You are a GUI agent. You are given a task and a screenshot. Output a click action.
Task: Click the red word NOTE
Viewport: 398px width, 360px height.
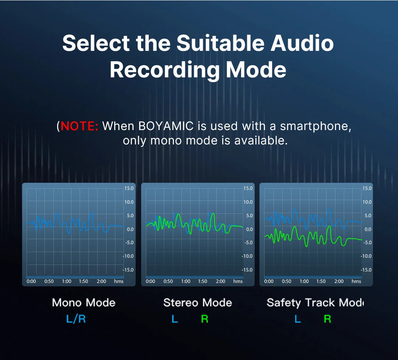pyautogui.click(x=80, y=126)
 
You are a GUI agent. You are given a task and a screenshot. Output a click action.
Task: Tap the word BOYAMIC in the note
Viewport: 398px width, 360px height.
pyautogui.click(x=166, y=126)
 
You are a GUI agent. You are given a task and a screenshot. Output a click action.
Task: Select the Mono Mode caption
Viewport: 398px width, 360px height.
pyautogui.click(x=84, y=303)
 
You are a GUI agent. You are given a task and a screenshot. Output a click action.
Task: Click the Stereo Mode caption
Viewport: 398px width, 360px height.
pyautogui.click(x=198, y=303)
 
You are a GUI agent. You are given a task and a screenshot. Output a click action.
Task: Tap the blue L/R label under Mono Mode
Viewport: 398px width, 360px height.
pyautogui.click(x=76, y=319)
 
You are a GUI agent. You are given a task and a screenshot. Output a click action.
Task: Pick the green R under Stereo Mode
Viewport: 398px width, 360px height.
pyautogui.click(x=205, y=319)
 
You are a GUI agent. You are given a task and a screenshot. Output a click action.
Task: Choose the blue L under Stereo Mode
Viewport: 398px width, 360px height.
pyautogui.click(x=175, y=319)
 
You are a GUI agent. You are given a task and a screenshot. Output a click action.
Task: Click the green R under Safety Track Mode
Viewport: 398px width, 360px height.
pyautogui.click(x=327, y=319)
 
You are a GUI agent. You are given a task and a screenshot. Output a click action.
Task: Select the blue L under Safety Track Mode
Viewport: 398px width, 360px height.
pyautogui.click(x=298, y=319)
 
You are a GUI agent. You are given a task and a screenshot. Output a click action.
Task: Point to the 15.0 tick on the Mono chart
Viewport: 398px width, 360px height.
pyautogui.click(x=129, y=188)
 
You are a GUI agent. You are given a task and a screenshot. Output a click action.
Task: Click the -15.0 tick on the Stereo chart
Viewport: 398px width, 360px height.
pyautogui.click(x=248, y=270)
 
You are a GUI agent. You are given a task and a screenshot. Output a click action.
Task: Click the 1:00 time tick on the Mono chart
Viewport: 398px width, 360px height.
pyautogui.click(x=67, y=282)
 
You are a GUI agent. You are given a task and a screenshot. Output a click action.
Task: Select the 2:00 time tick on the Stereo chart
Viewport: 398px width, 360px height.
pyautogui.click(x=220, y=282)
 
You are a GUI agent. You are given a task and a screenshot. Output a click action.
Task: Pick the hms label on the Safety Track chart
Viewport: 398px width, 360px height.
pyautogui.click(x=356, y=282)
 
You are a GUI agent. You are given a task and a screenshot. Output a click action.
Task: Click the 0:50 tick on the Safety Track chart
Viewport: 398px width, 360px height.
pyautogui.click(x=286, y=282)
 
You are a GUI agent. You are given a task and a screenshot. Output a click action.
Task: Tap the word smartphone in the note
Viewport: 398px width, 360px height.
pyautogui.click(x=315, y=126)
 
